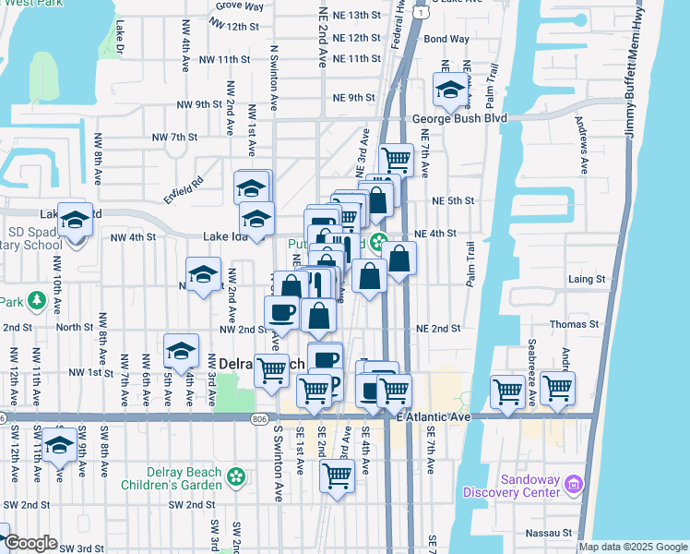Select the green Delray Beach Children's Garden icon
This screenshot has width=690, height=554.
pyautogui.click(x=237, y=476)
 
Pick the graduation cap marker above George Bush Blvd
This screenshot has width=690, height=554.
pyautogui.click(x=449, y=90)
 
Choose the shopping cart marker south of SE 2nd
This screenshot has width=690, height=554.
pyautogui.click(x=337, y=476)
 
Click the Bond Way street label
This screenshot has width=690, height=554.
pyautogui.click(x=446, y=40)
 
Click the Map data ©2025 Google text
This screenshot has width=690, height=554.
pyautogui.click(x=633, y=547)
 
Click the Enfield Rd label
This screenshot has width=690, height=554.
pyautogui.click(x=183, y=187)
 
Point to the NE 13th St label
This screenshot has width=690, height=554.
pyautogui.click(x=356, y=16)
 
